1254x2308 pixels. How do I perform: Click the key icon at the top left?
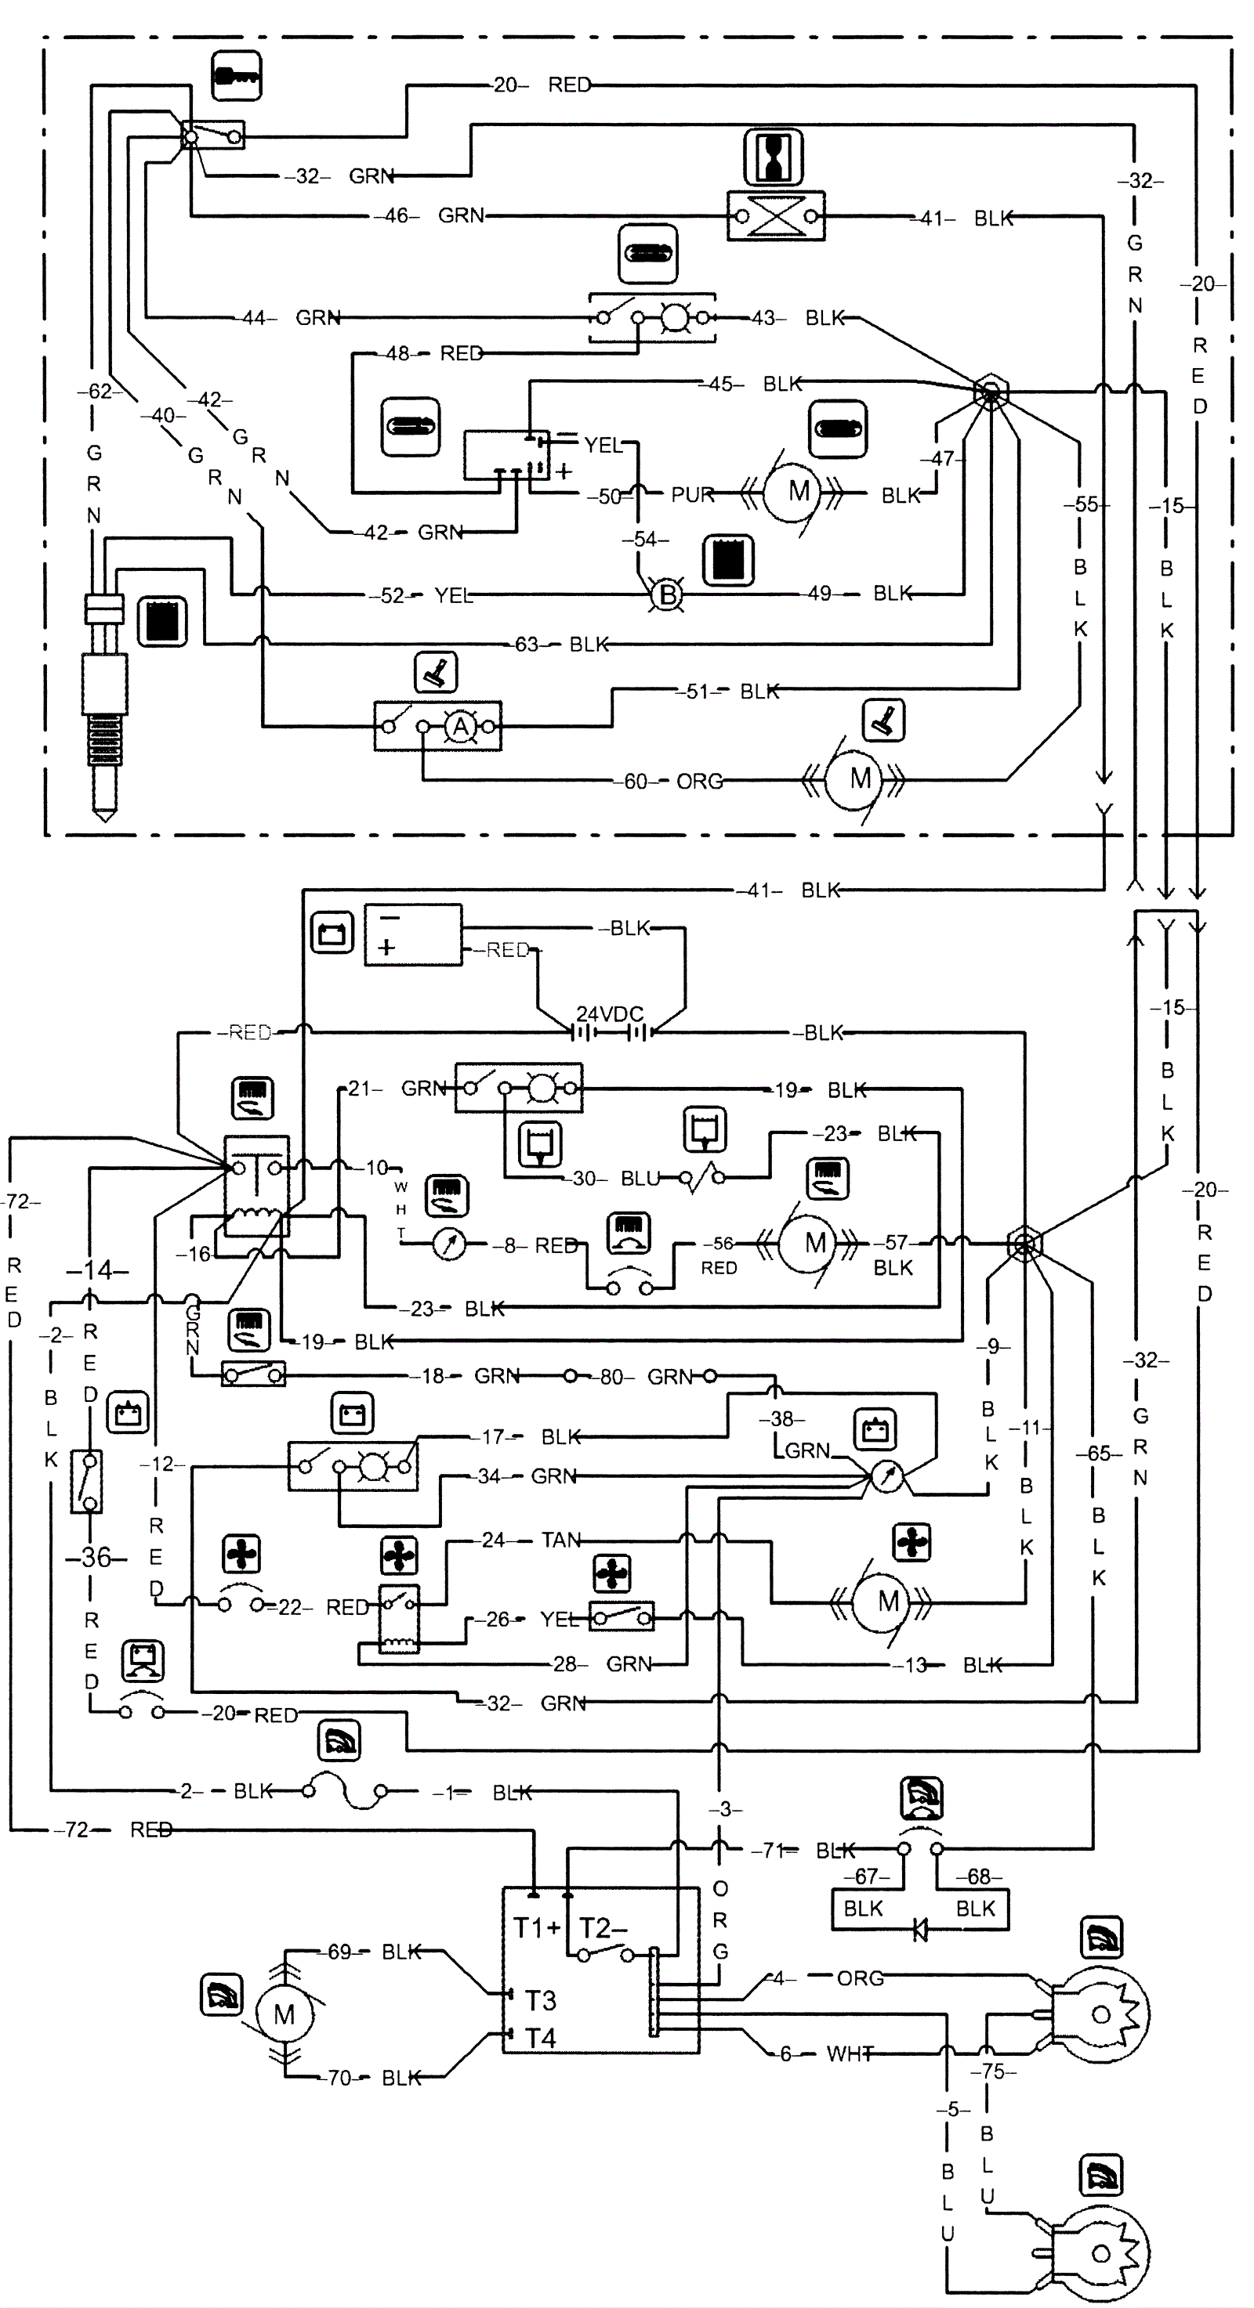pos(237,75)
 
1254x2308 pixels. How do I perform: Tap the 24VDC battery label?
pos(610,1013)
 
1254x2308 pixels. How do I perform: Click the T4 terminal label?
pos(541,2039)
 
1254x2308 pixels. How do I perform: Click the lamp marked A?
pos(461,727)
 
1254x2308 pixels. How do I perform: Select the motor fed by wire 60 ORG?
pos(859,778)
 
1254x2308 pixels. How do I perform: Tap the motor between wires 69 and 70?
pos(285,2014)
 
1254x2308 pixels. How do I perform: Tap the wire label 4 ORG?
pos(825,1978)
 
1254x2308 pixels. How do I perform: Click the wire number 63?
pos(526,645)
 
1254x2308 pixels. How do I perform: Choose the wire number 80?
pos(612,1376)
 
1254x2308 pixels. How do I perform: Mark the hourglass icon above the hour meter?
pos(773,157)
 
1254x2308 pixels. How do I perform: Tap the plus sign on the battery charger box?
pos(387,947)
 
